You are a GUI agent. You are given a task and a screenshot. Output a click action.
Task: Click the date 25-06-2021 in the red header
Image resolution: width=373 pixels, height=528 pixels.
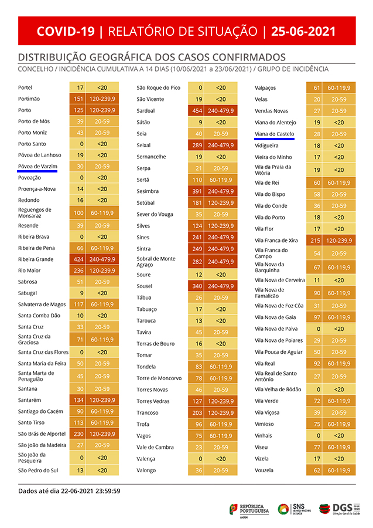click(303, 31)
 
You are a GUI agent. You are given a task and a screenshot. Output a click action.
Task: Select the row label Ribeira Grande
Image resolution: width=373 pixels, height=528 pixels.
click(36, 259)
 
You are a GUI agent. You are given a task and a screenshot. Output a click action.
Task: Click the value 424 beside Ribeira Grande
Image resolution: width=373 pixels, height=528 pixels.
click(78, 259)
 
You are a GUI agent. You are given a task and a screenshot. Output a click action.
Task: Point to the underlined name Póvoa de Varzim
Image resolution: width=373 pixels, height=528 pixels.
click(37, 166)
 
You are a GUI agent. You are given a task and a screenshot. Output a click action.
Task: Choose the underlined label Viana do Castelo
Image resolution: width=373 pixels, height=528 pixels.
click(275, 134)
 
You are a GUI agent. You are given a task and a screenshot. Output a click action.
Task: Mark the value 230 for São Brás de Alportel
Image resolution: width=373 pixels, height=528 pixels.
click(78, 434)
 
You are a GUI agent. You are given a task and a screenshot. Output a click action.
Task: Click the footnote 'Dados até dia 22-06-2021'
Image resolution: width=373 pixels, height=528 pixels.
click(69, 490)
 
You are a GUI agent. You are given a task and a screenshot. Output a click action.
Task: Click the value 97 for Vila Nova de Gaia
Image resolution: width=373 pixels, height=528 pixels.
click(316, 317)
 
